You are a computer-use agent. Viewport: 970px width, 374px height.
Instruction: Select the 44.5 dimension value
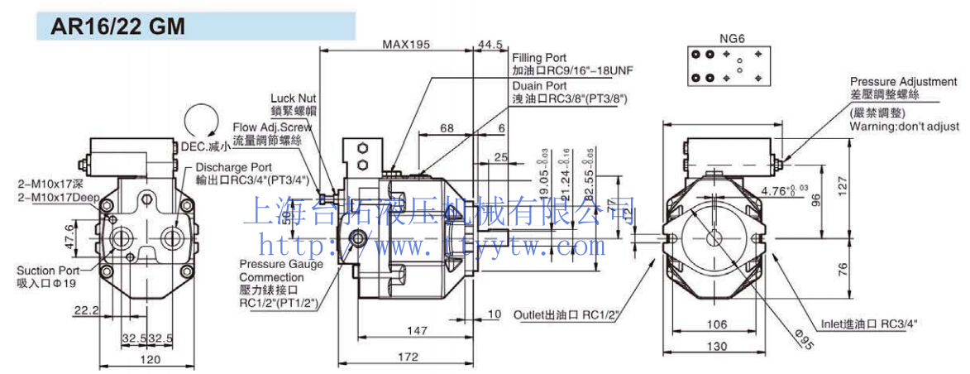pos(490,45)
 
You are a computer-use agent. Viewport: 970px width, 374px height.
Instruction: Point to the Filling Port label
pos(539,58)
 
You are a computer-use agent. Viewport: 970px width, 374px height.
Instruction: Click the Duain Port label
pos(538,85)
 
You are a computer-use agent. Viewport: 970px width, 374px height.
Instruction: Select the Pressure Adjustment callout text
pos(904,82)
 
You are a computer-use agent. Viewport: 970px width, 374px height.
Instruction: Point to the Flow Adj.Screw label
pos(272,127)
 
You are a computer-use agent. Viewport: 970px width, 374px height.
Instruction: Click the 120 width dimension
pos(149,360)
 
